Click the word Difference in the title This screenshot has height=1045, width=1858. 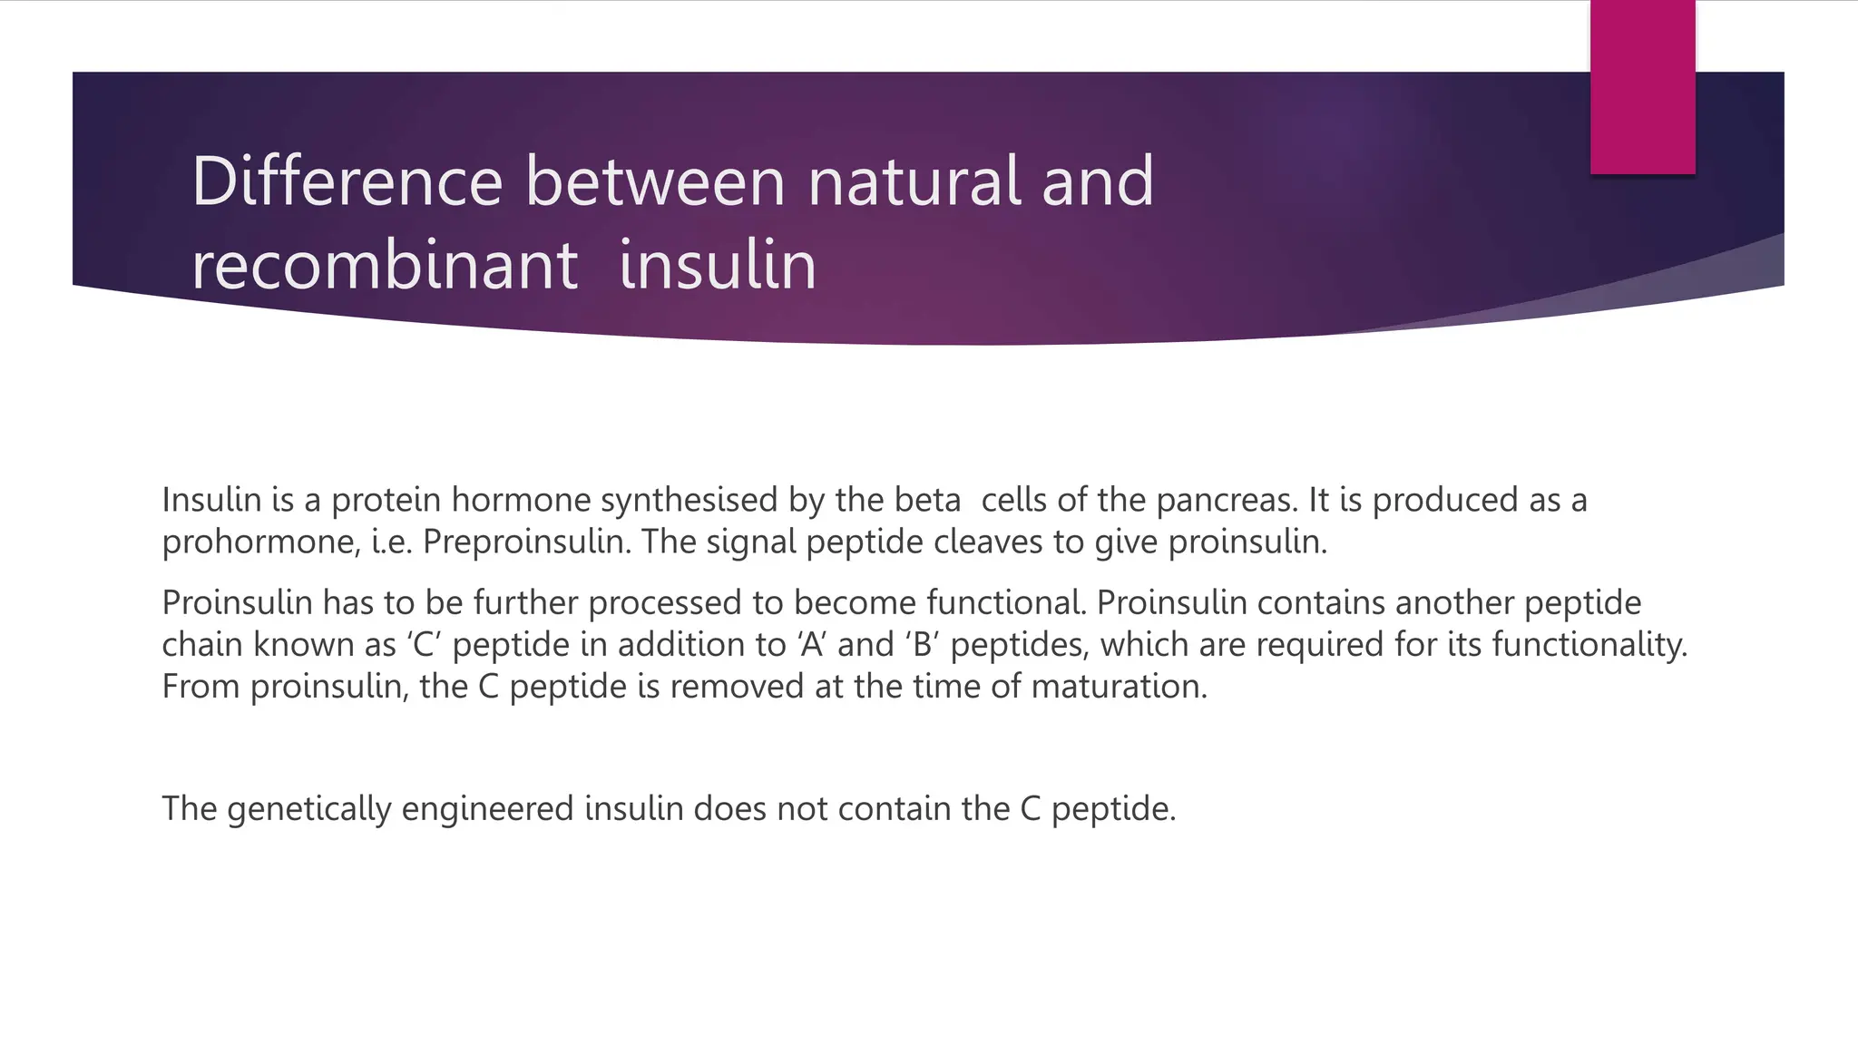[x=347, y=181]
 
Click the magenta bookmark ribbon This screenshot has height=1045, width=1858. [x=1642, y=87]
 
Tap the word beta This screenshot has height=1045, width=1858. [x=926, y=500]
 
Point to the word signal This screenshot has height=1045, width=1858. [x=750, y=542]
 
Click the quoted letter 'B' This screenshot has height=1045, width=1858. [x=923, y=645]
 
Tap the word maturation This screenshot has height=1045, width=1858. [x=1119, y=687]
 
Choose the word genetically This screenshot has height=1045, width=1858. [x=308, y=808]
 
